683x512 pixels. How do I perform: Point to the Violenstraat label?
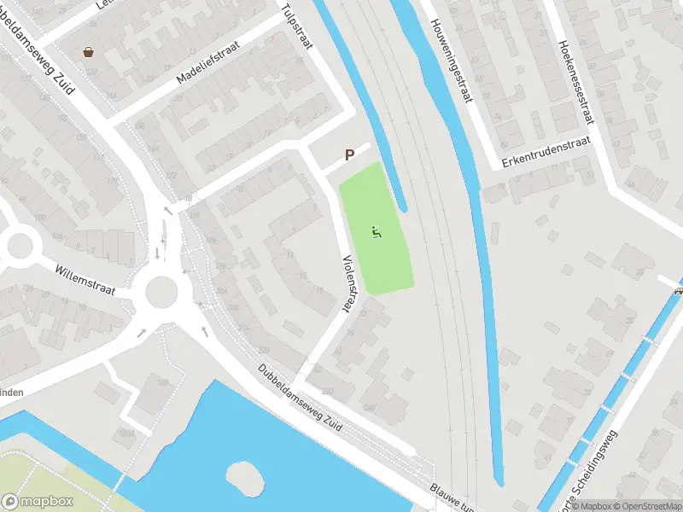pyautogui.click(x=348, y=282)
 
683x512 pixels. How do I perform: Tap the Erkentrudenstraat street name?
pyautogui.click(x=546, y=153)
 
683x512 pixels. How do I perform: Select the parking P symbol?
pyautogui.click(x=349, y=155)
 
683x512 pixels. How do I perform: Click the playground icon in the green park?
pyautogui.click(x=376, y=231)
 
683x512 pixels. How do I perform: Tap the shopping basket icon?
pyautogui.click(x=89, y=51)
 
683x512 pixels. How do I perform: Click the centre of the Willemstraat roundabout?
pyautogui.click(x=161, y=293)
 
